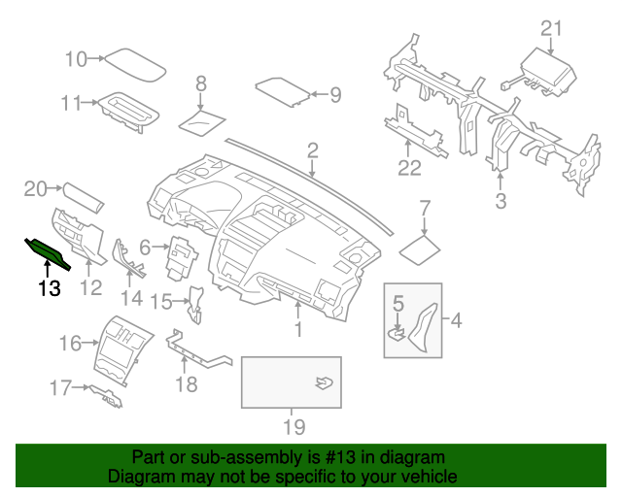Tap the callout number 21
pos(551,28)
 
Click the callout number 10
pos(76,59)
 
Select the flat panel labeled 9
pos(283,91)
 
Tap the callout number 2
pos(313,150)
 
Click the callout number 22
pos(409,168)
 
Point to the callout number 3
pos(501,201)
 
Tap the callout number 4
pos(458,319)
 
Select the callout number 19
pos(294,427)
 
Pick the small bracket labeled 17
pos(107,393)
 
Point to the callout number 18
pos(185,384)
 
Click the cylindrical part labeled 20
pos(84,198)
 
